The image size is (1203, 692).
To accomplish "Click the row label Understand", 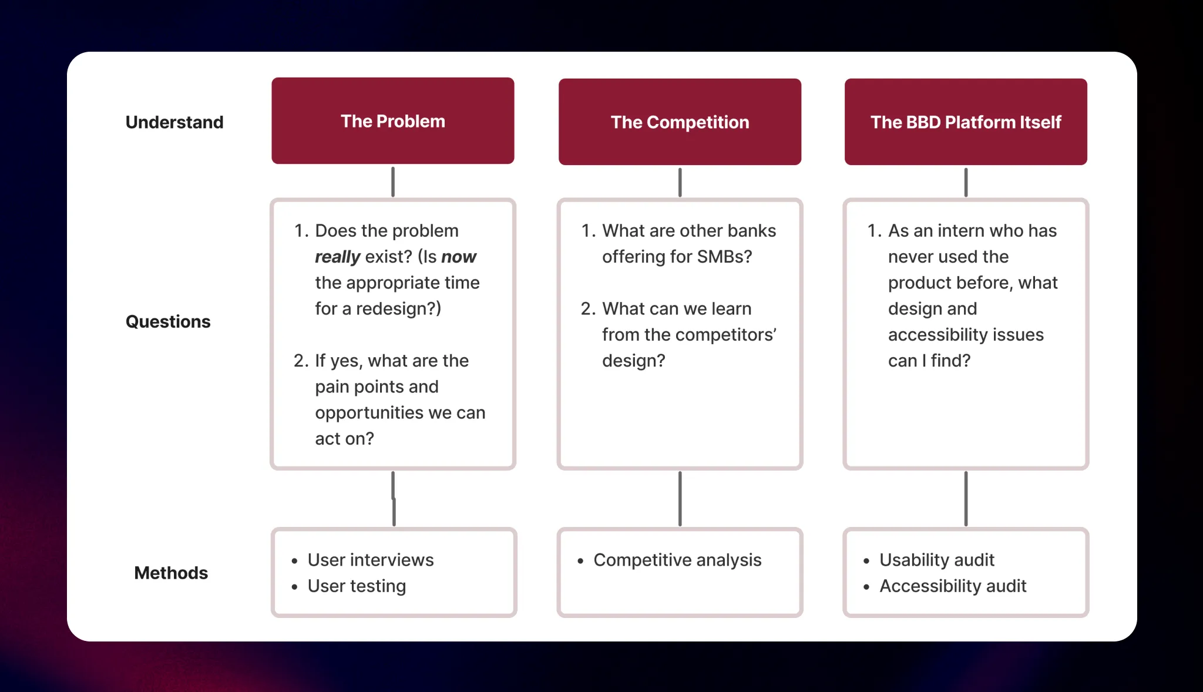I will tap(174, 122).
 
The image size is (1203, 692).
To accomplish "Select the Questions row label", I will tap(168, 321).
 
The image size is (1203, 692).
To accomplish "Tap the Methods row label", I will tap(171, 573).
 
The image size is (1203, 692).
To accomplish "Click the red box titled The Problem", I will tap(393, 121).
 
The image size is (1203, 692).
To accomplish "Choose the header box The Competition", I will tap(680, 122).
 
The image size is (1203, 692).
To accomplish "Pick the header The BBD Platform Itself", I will tap(966, 122).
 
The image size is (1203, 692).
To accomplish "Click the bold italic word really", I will tap(337, 257).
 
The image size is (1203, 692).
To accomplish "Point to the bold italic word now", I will tap(459, 257).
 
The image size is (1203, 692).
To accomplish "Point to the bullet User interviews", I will tap(371, 560).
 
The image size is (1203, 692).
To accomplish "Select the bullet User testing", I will tap(357, 586).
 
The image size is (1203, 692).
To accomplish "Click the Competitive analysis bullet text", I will tap(677, 560).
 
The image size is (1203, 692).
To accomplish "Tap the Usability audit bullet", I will tap(937, 560).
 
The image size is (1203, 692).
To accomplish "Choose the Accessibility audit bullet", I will tap(953, 586).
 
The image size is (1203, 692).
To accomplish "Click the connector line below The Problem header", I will tap(393, 182).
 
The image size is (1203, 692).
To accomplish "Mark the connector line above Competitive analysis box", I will tap(680, 498).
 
